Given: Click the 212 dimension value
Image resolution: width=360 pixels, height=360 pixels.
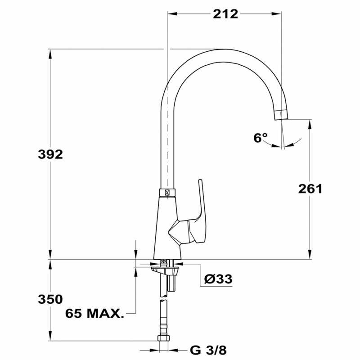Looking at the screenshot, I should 225,14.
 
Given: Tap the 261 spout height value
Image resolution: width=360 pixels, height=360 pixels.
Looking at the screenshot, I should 310,189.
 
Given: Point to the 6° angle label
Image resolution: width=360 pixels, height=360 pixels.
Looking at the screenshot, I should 260,138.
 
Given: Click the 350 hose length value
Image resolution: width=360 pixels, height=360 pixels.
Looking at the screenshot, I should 50,299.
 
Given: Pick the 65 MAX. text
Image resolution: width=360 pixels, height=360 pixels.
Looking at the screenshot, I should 94,313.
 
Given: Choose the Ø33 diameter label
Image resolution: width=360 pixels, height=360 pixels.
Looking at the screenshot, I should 218,279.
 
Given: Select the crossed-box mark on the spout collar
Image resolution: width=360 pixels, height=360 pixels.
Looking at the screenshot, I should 167,192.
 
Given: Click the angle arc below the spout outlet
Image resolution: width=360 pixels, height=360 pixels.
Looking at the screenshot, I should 283,146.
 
